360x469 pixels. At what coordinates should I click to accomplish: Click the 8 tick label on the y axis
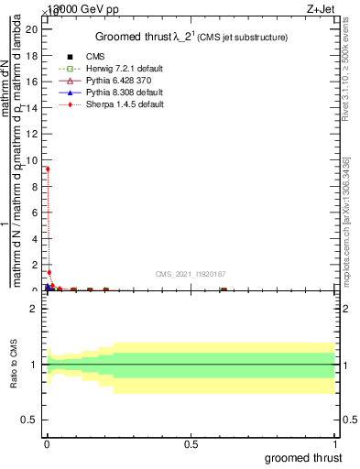[35, 186]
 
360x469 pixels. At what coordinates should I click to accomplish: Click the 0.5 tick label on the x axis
[191, 444]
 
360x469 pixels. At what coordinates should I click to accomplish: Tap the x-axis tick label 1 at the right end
[335, 444]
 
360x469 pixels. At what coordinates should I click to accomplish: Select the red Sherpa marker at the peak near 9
[48, 169]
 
